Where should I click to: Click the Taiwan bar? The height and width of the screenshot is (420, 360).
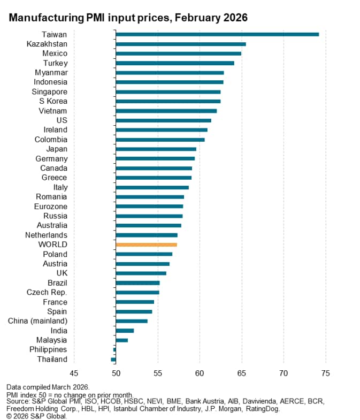pyautogui.click(x=217, y=34)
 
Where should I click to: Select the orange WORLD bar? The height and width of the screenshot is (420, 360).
pyautogui.click(x=146, y=245)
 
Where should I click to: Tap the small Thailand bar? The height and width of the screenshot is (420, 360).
pyautogui.click(x=113, y=360)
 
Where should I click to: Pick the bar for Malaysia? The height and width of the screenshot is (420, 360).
pyautogui.click(x=121, y=340)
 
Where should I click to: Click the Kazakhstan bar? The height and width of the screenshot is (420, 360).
pyautogui.click(x=180, y=44)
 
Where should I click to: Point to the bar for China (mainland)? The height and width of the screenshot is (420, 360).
pyautogui.click(x=132, y=321)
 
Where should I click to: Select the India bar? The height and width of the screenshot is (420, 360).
pyautogui.click(x=125, y=331)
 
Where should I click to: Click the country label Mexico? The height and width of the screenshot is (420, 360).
pyautogui.click(x=55, y=54)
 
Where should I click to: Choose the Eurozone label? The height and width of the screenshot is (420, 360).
pyautogui.click(x=51, y=206)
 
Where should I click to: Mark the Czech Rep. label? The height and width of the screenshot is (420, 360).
pyautogui.click(x=47, y=292)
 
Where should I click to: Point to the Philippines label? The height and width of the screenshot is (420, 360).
pyautogui.click(x=48, y=349)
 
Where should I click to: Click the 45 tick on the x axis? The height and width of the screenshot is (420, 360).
pyautogui.click(x=74, y=373)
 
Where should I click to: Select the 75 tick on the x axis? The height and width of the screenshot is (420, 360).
pyautogui.click(x=325, y=373)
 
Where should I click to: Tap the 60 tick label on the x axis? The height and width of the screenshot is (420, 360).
pyautogui.click(x=200, y=373)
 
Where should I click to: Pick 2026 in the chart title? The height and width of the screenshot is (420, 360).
pyautogui.click(x=235, y=18)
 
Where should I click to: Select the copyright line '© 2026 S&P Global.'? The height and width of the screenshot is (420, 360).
pyautogui.click(x=37, y=416)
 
